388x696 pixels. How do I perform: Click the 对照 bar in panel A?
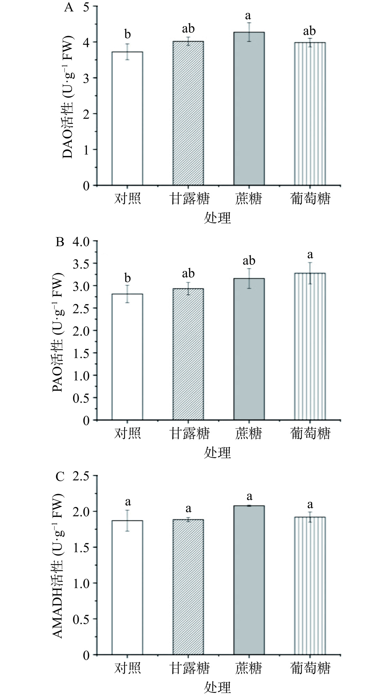click(x=127, y=119)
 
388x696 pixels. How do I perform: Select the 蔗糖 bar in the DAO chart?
click(x=249, y=108)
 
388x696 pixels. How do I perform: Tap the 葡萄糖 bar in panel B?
click(x=310, y=346)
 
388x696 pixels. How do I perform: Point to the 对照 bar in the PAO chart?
click(x=127, y=357)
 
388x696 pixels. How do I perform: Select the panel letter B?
click(x=60, y=242)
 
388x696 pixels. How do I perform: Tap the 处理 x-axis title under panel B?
click(x=217, y=453)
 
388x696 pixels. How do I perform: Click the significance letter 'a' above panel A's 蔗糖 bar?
click(x=248, y=15)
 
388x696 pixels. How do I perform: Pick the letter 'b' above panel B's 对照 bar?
click(x=127, y=278)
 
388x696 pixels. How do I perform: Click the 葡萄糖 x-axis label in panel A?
click(x=310, y=199)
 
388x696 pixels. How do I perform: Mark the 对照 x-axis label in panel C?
click(x=127, y=668)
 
